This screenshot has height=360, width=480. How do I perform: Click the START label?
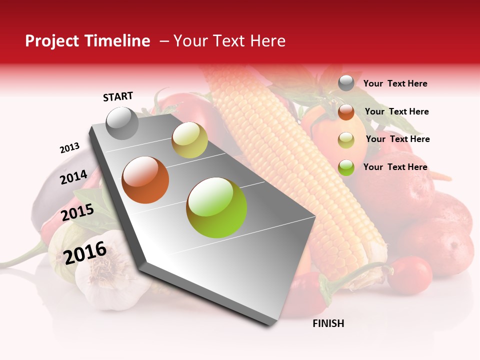point(118,96)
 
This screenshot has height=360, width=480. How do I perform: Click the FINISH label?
point(328,323)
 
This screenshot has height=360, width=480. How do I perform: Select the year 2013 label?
point(69,148)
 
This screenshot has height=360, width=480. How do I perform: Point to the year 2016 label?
point(85,252)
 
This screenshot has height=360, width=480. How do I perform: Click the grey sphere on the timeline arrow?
point(122,123)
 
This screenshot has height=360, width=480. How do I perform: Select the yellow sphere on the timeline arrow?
point(189,140)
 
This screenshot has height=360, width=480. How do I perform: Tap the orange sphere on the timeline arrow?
point(145,180)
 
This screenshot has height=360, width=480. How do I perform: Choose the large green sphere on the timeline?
point(216,207)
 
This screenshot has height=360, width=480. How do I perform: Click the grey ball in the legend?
point(345,83)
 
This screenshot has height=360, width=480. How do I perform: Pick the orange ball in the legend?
point(345,112)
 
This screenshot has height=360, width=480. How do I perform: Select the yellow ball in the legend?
point(345,140)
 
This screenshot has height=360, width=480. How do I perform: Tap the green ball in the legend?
point(345,167)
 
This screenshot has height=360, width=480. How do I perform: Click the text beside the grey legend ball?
point(395,83)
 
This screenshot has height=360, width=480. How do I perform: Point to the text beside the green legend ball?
point(395,167)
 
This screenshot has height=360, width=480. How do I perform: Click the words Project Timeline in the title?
point(87,41)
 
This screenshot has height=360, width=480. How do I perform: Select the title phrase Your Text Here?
point(229,41)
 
